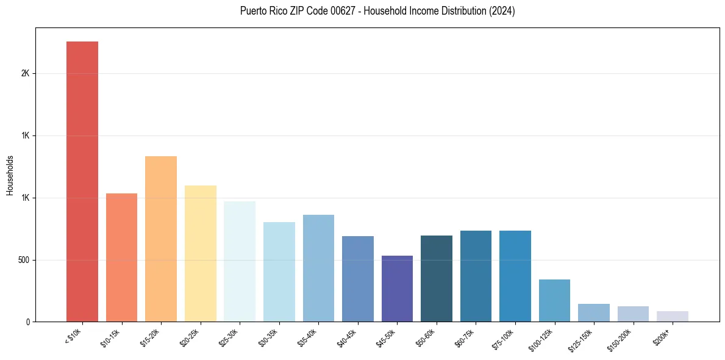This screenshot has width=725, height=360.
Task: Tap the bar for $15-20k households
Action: click(161, 239)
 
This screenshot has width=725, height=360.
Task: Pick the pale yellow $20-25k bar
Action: click(200, 253)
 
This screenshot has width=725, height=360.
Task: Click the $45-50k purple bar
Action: click(397, 289)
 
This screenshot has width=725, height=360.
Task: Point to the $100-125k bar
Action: click(554, 300)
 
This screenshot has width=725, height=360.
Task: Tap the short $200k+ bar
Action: click(673, 316)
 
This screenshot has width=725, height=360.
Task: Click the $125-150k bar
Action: click(594, 312)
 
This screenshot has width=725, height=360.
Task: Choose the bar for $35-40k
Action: click(318, 268)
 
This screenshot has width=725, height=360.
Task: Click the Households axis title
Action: click(10, 175)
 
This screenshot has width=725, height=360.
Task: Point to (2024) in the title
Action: click(502, 11)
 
